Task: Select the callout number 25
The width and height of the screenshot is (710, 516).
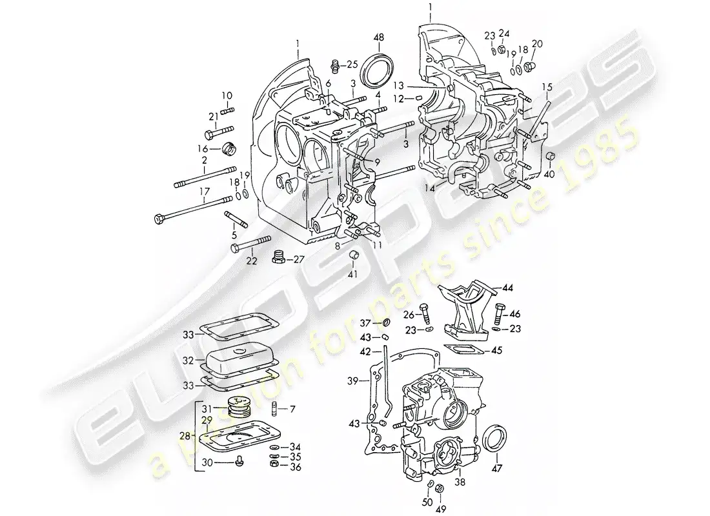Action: click(352, 64)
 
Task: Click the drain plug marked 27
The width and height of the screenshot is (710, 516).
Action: click(279, 258)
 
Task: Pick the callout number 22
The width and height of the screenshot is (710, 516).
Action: click(251, 261)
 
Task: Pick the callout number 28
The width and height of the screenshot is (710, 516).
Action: click(185, 437)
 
